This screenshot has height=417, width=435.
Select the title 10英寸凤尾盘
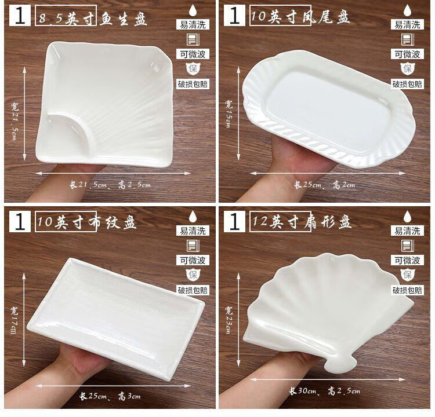(300, 16)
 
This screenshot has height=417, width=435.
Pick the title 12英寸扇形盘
(302, 221)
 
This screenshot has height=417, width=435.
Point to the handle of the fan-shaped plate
(339, 364)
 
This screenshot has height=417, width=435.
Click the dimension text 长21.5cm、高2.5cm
(110, 185)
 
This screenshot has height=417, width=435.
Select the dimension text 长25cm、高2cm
(325, 185)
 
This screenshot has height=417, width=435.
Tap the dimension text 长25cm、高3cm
(110, 396)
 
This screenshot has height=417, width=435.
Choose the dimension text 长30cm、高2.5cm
(325, 391)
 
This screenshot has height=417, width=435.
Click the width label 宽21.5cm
(14, 120)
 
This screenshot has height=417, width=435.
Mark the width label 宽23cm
(229, 320)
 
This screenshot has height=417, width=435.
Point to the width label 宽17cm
(14, 320)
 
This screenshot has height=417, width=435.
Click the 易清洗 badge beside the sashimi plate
(193, 24)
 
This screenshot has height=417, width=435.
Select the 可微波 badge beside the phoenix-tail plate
(407, 54)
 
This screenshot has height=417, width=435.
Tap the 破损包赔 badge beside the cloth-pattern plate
(193, 290)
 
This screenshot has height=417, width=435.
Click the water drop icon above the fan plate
(407, 217)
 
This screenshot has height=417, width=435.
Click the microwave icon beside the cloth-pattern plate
(193, 246)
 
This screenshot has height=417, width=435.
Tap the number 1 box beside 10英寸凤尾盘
(235, 16)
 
